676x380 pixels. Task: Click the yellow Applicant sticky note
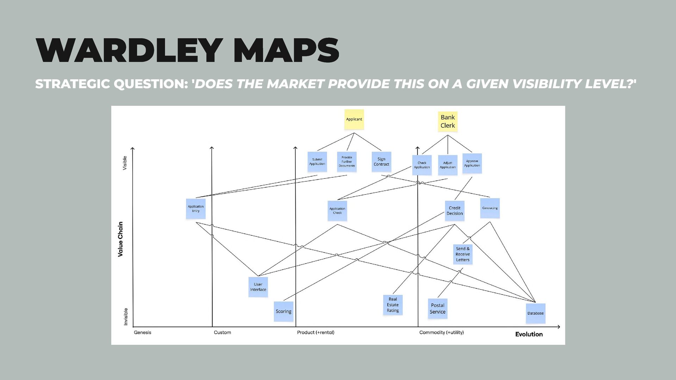pos(354,119)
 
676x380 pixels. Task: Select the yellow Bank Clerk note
pos(447,121)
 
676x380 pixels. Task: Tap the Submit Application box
pos(317,161)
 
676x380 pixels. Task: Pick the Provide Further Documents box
pos(347,161)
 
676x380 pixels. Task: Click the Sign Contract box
pos(381,161)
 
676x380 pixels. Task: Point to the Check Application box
pos(422,165)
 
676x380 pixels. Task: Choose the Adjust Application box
pos(447,165)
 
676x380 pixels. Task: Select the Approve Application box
pos(472,163)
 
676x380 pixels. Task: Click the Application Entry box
pos(196,209)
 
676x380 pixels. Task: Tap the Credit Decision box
pos(455,211)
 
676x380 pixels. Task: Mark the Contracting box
pos(490,208)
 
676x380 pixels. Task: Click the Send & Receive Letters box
pos(463,254)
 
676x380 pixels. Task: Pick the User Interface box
pos(258,287)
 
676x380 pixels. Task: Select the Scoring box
pos(283,311)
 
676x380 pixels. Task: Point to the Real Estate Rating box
pos(393,305)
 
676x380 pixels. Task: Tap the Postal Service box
pos(438,309)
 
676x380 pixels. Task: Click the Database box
pos(536,313)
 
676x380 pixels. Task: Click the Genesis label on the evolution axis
pos(143,332)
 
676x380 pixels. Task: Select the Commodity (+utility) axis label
pos(442,332)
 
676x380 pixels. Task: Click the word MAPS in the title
pos(286,51)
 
